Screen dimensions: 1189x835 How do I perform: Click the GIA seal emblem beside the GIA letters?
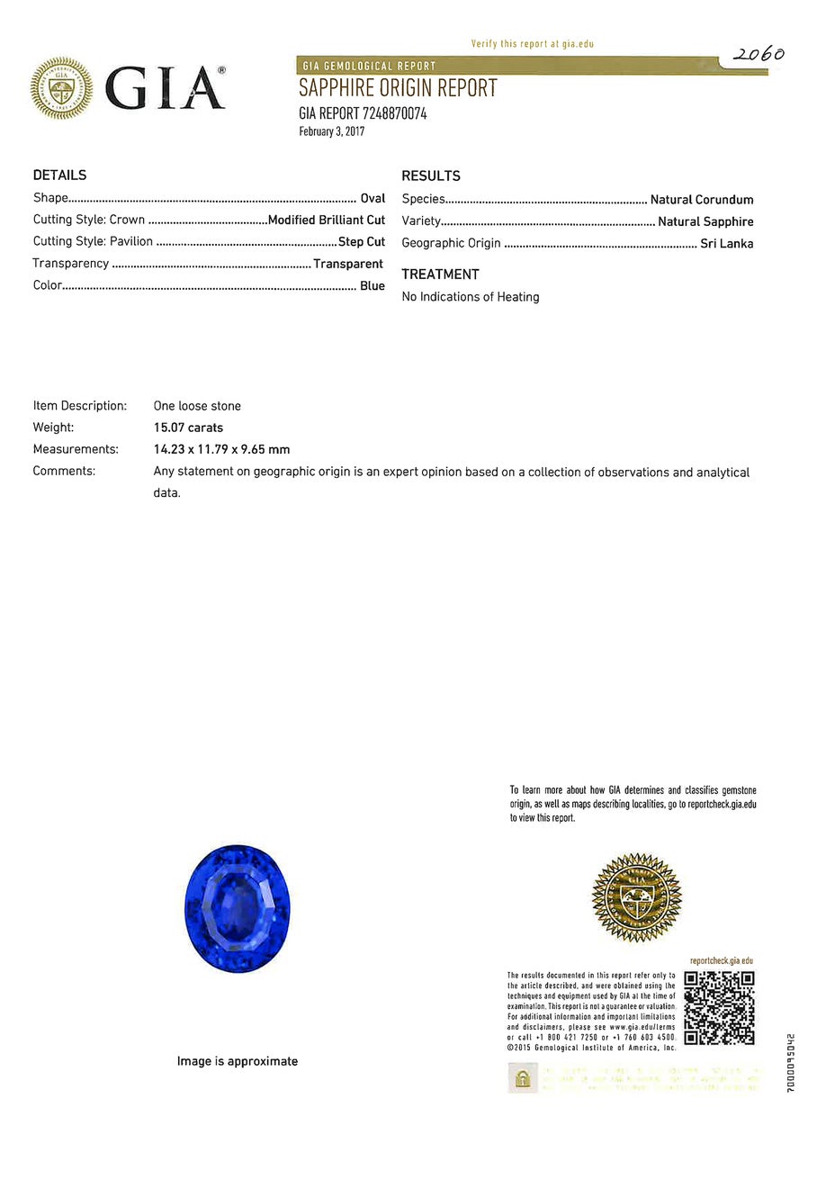(x=61, y=88)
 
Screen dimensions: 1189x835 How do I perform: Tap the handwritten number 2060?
(x=758, y=55)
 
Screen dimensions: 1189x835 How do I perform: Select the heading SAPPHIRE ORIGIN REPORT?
(x=398, y=88)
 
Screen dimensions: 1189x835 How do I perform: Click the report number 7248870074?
(x=394, y=113)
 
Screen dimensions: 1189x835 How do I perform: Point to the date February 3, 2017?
(x=331, y=131)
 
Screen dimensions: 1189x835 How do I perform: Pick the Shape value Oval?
(x=373, y=198)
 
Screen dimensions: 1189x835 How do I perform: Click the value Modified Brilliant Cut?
(x=327, y=220)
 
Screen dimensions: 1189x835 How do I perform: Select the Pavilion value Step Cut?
(x=362, y=241)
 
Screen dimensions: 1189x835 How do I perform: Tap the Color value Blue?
(x=373, y=285)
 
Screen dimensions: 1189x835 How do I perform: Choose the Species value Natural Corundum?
(x=702, y=200)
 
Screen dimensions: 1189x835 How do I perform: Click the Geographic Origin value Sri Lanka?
(x=727, y=243)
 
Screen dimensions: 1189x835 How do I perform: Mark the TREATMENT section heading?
(x=440, y=275)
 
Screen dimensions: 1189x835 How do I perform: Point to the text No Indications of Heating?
(x=471, y=297)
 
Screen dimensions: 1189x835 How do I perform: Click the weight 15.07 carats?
(x=188, y=428)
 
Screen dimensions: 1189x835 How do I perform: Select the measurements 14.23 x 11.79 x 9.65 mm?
(x=221, y=449)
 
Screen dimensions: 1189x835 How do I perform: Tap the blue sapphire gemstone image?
(x=237, y=908)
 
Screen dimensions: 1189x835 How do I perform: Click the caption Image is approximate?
(x=238, y=1061)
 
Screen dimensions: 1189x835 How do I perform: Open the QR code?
(x=719, y=1007)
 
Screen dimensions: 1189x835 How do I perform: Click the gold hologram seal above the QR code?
(x=636, y=897)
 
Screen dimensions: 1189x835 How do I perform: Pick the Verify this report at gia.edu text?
(x=532, y=43)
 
